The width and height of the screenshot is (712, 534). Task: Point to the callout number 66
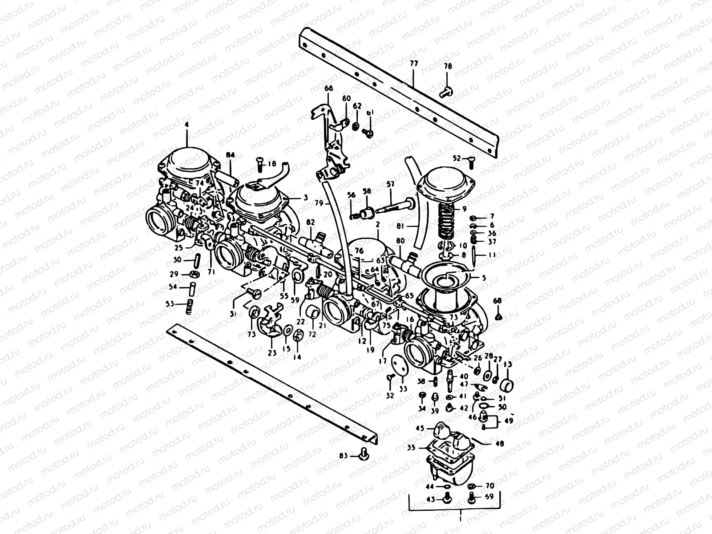328,89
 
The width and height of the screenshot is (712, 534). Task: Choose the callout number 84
230,155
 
